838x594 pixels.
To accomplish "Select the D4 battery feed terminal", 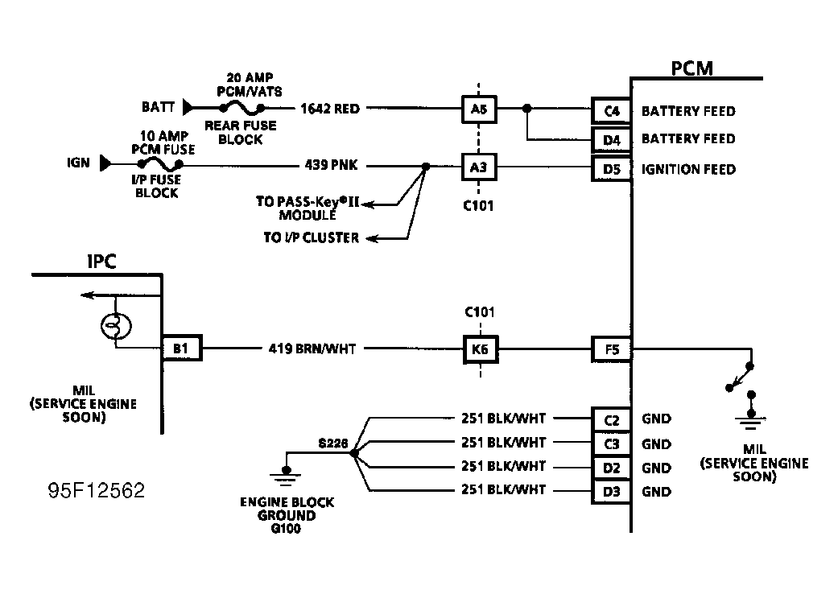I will tap(612, 139).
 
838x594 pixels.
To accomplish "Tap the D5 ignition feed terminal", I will tap(612, 169).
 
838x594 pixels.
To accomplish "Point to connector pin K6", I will tap(480, 349).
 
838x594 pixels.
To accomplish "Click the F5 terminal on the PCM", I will tap(612, 349).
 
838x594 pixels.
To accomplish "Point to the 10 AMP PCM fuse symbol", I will tap(158, 164).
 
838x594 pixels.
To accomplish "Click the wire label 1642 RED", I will tap(330, 108).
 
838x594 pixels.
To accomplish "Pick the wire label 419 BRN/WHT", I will tap(312, 349).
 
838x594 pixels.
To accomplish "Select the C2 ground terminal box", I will tap(612, 419).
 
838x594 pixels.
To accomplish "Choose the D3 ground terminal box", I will tap(612, 491).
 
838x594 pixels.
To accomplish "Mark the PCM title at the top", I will tap(691, 68).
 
